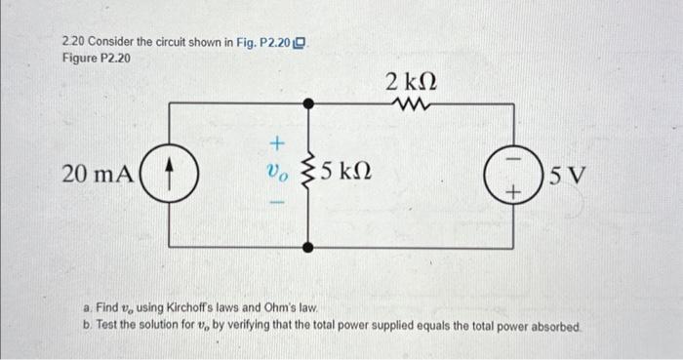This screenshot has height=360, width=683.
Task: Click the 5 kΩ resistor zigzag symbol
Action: (x=310, y=176)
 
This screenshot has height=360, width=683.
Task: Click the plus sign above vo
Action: (x=275, y=143)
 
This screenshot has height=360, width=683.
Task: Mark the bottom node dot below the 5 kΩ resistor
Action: (x=310, y=248)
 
